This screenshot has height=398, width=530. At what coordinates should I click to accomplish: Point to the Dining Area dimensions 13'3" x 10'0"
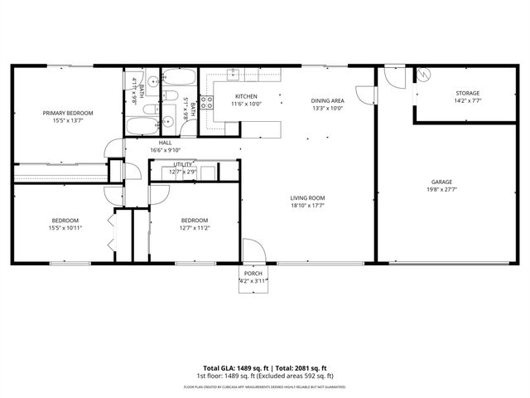pyautogui.click(x=327, y=108)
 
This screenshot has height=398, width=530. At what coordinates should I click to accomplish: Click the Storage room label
pyautogui.click(x=467, y=93)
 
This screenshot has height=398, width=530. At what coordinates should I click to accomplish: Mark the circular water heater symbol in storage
pyautogui.click(x=422, y=75)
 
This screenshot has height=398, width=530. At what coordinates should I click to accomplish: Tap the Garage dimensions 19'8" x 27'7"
pyautogui.click(x=442, y=189)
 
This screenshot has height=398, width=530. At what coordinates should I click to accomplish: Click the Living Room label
pyautogui.click(x=307, y=197)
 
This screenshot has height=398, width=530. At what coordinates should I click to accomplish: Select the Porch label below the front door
pyautogui.click(x=253, y=274)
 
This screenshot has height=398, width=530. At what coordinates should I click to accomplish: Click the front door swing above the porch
pyautogui.click(x=252, y=250)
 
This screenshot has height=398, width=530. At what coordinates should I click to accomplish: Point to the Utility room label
pyautogui.click(x=182, y=164)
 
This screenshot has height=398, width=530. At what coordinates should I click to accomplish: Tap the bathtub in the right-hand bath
pyautogui.click(x=178, y=79)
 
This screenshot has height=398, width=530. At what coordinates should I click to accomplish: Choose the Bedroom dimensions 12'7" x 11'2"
pyautogui.click(x=195, y=227)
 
